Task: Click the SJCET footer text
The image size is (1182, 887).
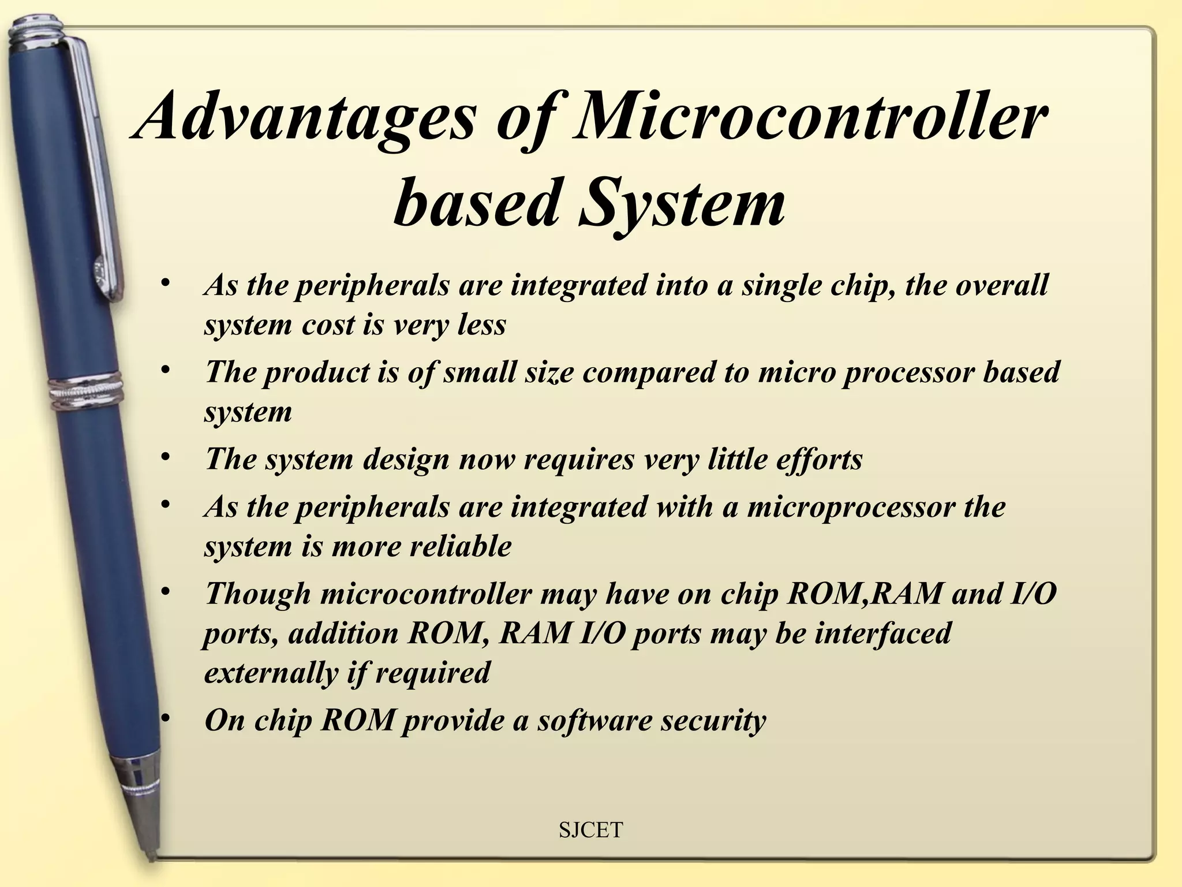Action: point(591,830)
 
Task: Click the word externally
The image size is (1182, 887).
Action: point(271,673)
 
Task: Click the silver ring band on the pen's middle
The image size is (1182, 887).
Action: point(87,394)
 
